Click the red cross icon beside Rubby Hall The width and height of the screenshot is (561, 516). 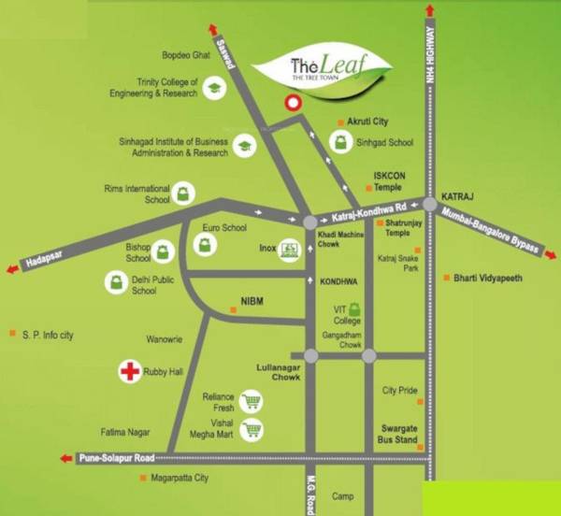pos(128,371)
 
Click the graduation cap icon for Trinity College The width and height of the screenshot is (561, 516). pos(214,89)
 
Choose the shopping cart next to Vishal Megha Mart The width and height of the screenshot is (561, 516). pos(251,431)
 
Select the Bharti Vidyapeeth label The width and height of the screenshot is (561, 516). pos(487,279)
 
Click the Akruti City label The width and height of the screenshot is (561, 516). pos(367,122)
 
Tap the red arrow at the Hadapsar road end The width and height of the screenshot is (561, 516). pos(12,269)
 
